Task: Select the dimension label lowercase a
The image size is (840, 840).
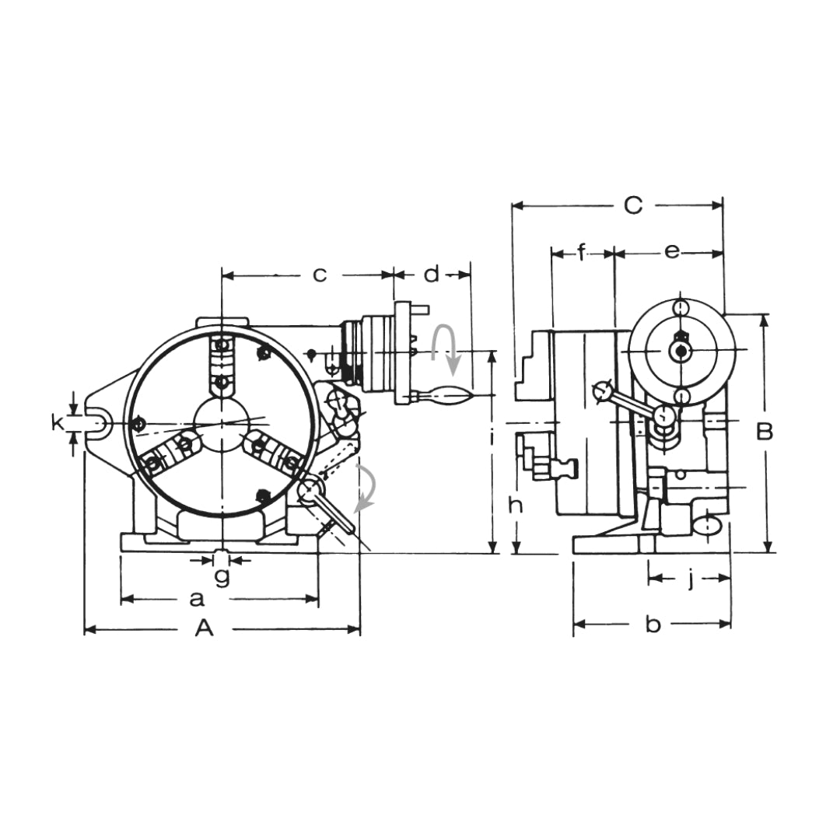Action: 197,599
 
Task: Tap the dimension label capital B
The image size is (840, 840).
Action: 765,432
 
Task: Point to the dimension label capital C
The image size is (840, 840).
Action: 633,205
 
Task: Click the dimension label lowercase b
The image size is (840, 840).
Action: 653,625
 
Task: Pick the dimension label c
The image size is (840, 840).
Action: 319,275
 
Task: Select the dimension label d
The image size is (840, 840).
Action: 432,274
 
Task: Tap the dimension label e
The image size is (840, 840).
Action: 672,251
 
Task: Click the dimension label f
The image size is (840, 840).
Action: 582,251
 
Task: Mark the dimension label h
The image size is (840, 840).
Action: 515,506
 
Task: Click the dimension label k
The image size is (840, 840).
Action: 56,422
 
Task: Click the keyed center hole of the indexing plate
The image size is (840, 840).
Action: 682,351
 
